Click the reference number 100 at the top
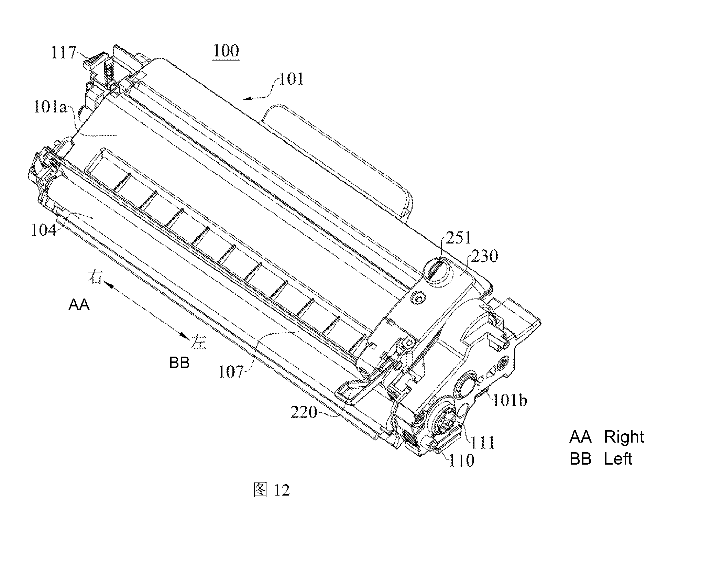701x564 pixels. pyautogui.click(x=226, y=51)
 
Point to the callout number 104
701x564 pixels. pyautogui.click(x=44, y=230)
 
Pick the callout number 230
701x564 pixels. pyautogui.click(x=484, y=256)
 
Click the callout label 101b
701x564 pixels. pyautogui.click(x=510, y=400)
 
